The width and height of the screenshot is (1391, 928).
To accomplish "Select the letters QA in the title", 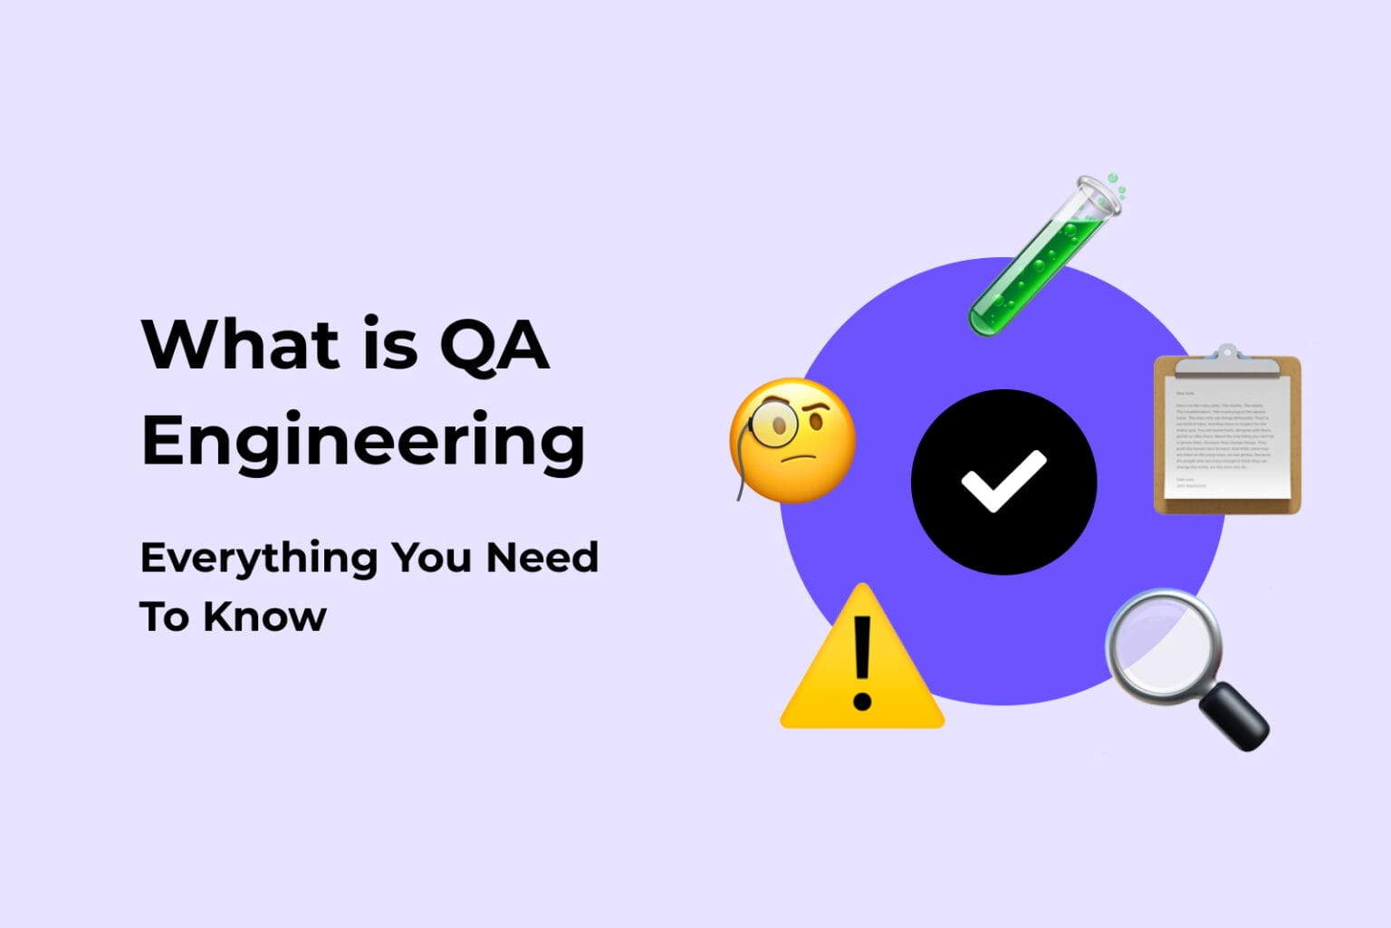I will [494, 346].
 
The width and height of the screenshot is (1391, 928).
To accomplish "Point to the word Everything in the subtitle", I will [258, 559].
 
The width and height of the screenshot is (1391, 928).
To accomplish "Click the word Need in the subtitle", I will [542, 558].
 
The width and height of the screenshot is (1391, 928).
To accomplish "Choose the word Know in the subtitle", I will [264, 617].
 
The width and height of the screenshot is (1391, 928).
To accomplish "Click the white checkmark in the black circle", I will [1003, 480].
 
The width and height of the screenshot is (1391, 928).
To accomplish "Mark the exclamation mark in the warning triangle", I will [862, 662].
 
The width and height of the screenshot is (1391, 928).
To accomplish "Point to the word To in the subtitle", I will [164, 617].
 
